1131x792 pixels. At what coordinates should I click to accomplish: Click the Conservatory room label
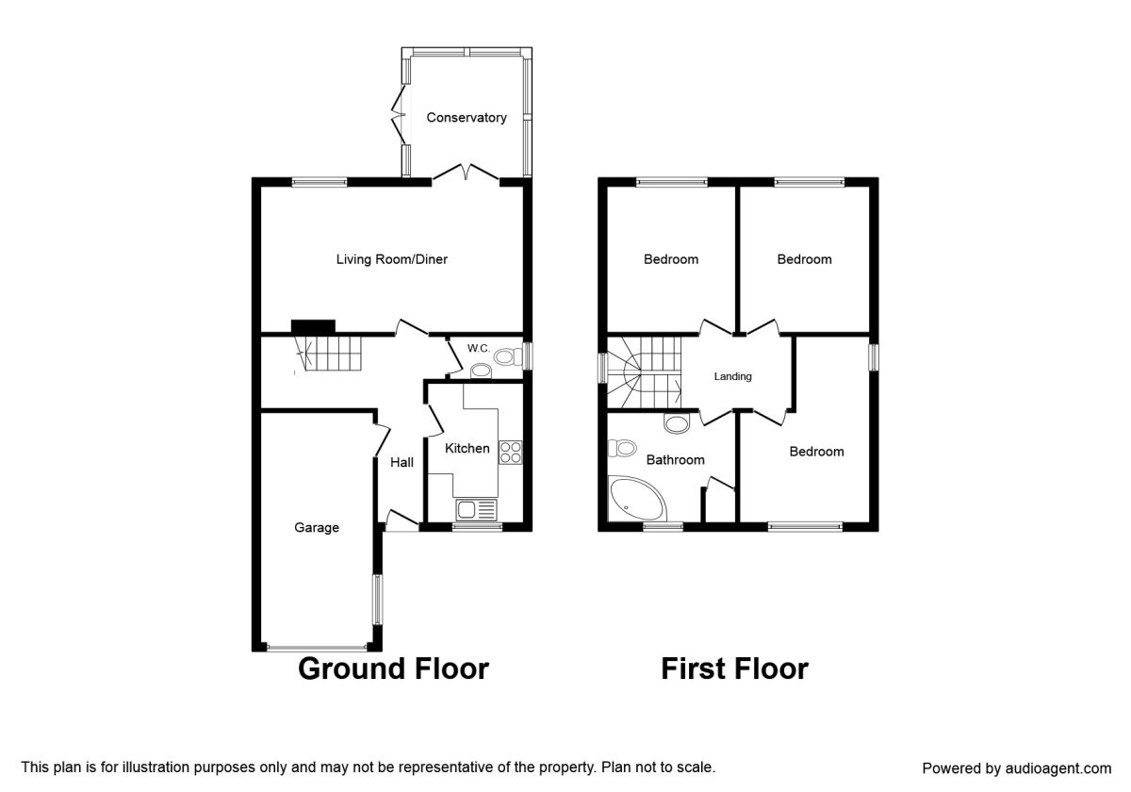tap(466, 118)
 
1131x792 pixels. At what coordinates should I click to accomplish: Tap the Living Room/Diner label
tap(392, 259)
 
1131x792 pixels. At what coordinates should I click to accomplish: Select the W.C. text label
tap(478, 348)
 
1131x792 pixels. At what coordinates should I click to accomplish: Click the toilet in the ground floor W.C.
tap(508, 356)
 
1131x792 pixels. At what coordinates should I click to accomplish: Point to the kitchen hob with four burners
tap(510, 453)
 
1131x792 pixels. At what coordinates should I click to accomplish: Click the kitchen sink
tap(476, 510)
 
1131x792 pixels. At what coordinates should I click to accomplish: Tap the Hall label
tap(402, 462)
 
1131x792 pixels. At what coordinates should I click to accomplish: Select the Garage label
tap(317, 528)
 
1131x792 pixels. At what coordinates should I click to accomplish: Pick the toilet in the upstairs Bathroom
tap(622, 448)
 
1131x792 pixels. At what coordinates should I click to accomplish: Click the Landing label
tap(732, 376)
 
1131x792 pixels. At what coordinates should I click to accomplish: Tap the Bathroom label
tap(675, 460)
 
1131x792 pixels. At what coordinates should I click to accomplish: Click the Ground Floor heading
tap(393, 668)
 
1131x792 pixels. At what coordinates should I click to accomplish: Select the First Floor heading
tap(734, 668)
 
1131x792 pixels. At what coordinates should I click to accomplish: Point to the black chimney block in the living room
tap(313, 326)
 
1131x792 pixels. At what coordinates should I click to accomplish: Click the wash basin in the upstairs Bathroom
tap(677, 423)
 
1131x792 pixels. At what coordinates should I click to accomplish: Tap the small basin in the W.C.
tap(481, 371)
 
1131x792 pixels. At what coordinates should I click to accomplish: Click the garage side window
tap(377, 600)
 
